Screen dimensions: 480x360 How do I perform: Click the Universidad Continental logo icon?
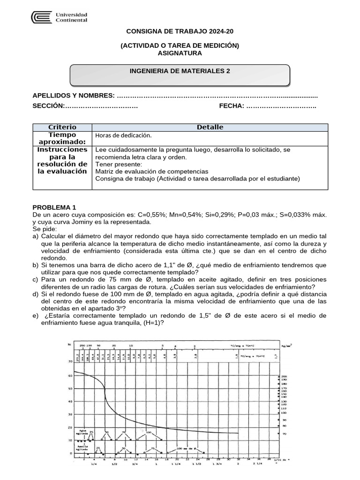[x=41, y=17]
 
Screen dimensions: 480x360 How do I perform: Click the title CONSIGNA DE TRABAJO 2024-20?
[x=180, y=31]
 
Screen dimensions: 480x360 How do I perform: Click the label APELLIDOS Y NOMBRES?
[x=73, y=96]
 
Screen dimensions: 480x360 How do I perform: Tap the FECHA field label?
[x=232, y=106]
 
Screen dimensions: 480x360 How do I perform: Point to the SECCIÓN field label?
[x=48, y=106]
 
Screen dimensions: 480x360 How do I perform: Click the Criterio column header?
[x=62, y=127]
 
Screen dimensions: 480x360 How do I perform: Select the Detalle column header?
[x=210, y=127]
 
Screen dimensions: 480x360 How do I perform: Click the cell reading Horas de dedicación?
[x=123, y=135]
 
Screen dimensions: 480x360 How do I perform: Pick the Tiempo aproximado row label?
[x=62, y=138]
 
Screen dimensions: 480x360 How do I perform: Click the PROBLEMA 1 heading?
[x=54, y=207]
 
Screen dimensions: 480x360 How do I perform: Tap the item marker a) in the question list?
[x=36, y=236]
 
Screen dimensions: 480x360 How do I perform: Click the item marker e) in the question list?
[x=36, y=315]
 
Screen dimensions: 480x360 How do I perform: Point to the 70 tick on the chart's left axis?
[x=71, y=362]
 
